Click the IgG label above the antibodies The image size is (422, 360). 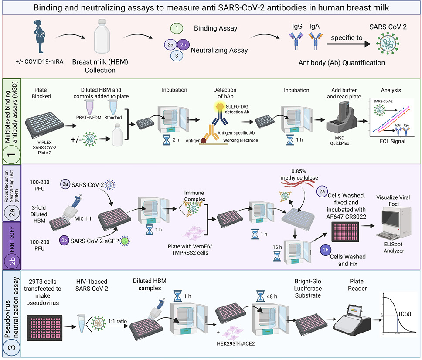[x=296, y=27]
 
